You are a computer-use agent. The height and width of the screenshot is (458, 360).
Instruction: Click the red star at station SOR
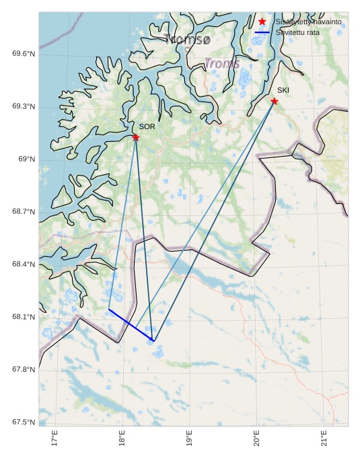tap(136, 138)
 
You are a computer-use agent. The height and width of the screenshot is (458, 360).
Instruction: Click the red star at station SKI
tap(275, 102)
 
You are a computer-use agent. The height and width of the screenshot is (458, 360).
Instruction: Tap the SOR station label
tap(147, 126)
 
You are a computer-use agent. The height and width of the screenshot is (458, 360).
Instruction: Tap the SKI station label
tap(283, 90)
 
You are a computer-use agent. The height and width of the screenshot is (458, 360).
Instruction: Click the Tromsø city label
tap(187, 40)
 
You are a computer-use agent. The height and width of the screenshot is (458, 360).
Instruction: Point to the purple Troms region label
tap(222, 64)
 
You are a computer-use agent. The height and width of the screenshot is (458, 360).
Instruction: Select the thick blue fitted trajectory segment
tap(131, 326)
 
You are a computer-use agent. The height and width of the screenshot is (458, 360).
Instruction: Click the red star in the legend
tap(262, 22)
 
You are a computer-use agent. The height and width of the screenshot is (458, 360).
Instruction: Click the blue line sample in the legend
tap(262, 32)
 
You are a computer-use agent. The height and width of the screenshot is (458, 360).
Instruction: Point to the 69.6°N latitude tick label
tap(24, 54)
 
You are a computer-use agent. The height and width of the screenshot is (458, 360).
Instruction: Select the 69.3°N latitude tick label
tap(24, 107)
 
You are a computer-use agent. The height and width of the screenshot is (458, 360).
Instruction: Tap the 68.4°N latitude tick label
tap(24, 264)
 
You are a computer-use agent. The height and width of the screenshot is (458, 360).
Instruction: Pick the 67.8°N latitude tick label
tap(24, 370)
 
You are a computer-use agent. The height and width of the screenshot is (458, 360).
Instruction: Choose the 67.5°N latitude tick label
tap(24, 422)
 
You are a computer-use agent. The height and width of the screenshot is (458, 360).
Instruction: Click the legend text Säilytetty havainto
tap(309, 22)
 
